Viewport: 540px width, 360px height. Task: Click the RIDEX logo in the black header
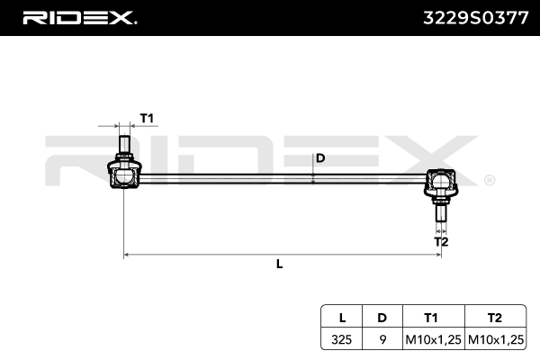pos(78,17)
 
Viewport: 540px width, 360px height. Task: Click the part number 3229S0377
pos(475,17)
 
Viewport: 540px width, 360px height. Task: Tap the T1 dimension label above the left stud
pos(147,118)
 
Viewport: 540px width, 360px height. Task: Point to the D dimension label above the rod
pos(320,158)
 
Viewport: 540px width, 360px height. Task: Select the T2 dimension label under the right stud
pos(441,241)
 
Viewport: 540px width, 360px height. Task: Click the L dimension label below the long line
pos(280,264)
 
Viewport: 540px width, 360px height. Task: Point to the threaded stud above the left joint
pos(124,144)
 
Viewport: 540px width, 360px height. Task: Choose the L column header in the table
pos(342,318)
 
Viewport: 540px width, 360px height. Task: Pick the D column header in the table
pos(382,318)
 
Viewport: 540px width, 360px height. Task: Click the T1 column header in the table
pos(431,318)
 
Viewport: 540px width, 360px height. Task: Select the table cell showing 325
pos(342,339)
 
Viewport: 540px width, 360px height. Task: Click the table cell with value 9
pos(382,339)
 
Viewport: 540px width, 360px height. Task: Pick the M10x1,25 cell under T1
pos(431,339)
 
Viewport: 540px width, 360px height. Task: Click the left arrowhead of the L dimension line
pos(127,256)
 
